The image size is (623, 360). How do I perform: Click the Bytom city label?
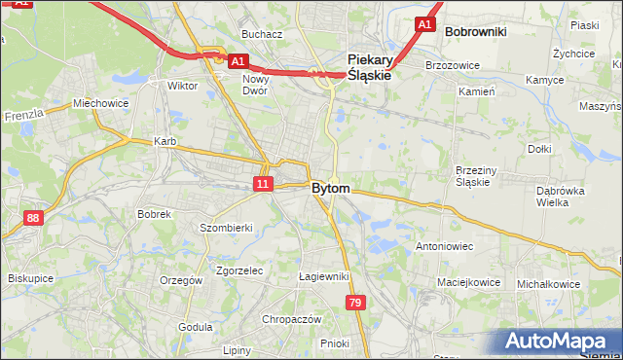click(x=331, y=188)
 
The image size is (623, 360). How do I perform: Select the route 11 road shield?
click(x=264, y=183)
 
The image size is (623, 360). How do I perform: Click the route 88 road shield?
click(x=34, y=219)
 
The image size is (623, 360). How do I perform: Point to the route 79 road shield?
click(x=355, y=304)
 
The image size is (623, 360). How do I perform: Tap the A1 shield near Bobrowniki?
click(x=423, y=24)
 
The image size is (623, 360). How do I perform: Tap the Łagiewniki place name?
click(x=324, y=276)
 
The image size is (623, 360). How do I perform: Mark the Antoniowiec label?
click(x=444, y=246)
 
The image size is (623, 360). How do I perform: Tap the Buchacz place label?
click(x=262, y=34)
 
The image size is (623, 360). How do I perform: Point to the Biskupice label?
click(x=30, y=277)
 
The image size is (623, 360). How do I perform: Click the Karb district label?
click(x=165, y=141)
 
